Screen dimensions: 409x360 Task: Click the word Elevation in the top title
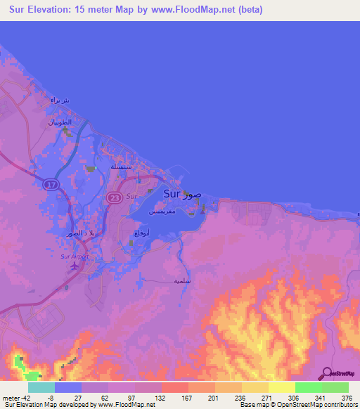60,10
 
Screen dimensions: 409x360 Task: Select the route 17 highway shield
49,184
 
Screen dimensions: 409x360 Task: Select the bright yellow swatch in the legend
281,387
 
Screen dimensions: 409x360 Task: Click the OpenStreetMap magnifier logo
328,373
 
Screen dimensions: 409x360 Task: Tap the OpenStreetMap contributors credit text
295,405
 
